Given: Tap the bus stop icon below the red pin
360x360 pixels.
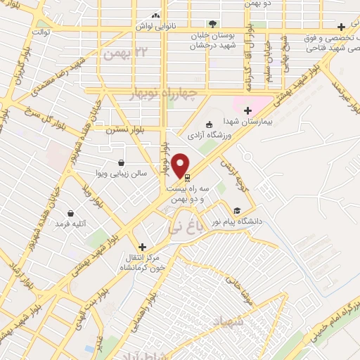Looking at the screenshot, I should click(186, 179).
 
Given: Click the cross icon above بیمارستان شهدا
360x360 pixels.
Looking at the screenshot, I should click(247, 110).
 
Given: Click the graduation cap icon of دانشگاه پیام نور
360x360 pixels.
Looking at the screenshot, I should click(237, 210).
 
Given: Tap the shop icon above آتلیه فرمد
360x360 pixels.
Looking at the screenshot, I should click(70, 213).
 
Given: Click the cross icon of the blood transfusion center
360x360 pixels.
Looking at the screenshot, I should click(143, 247).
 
